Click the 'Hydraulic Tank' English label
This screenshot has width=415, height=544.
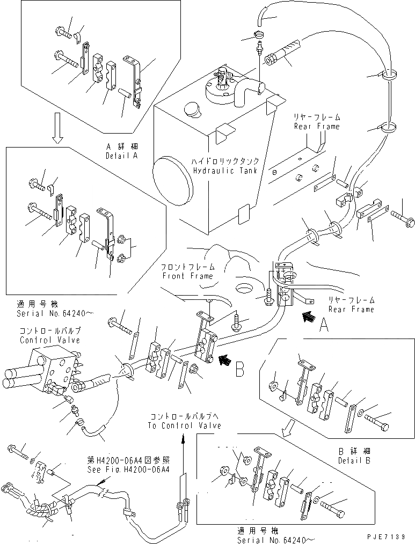tap(225, 171)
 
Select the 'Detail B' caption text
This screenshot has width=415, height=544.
tap(354, 460)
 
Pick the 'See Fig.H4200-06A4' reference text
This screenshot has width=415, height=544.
tap(128, 468)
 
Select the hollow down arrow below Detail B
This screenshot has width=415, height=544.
tap(288, 427)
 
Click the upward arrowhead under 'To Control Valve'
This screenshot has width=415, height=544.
tap(182, 437)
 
